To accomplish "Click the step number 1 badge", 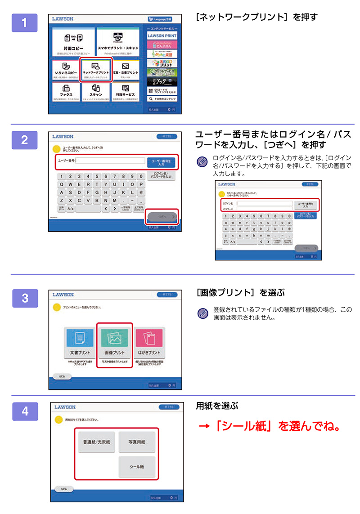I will click(23, 23).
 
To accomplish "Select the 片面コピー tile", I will click(73, 42).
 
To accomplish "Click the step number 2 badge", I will click(23, 140).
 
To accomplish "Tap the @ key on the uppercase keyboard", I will click(140, 192).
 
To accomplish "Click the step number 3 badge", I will click(23, 298).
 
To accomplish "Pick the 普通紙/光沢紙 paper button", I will click(96, 442).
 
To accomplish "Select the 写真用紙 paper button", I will click(137, 442).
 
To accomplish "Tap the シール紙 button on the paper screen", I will click(137, 467).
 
